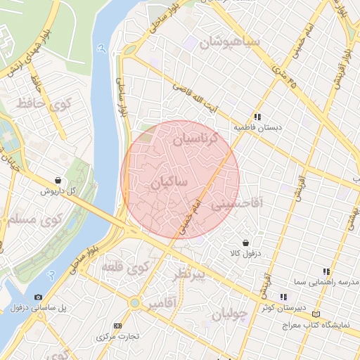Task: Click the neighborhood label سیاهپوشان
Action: pos(229,42)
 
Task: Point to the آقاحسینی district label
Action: pos(237,204)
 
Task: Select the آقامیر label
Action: pos(162,303)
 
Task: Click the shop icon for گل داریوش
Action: pos(58,180)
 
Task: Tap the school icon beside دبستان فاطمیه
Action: pos(258,117)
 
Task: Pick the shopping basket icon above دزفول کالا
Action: pos(245,242)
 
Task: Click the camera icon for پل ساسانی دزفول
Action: pos(38,297)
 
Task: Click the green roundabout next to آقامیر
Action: pos(134,303)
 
